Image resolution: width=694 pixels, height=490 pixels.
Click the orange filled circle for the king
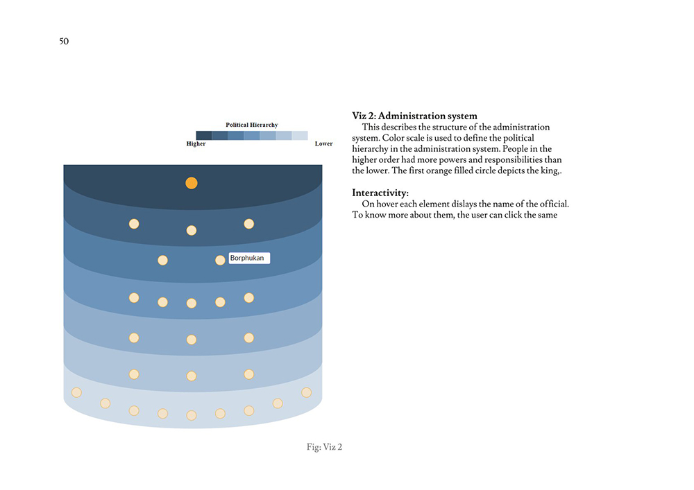192,183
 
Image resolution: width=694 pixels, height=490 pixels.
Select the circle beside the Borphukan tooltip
220,260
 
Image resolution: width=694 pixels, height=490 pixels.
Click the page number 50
64,41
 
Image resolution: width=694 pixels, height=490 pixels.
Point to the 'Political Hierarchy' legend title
251,125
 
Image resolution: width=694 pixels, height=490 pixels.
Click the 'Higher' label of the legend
196,144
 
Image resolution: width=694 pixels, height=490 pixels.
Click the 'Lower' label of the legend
323,144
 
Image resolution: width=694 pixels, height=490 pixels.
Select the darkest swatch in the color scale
203,135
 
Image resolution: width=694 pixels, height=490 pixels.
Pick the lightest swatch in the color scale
299,135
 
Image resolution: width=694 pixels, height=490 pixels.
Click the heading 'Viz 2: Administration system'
414,116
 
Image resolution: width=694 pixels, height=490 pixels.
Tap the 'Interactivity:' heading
380,192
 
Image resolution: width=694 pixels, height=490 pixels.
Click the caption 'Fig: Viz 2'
324,447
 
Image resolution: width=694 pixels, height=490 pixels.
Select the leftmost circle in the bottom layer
76,392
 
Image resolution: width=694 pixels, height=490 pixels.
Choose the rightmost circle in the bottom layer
306,392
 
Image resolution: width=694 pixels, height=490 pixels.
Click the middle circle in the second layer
192,230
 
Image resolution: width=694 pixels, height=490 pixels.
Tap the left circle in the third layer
163,260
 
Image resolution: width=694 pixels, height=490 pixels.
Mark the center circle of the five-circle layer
192,303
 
